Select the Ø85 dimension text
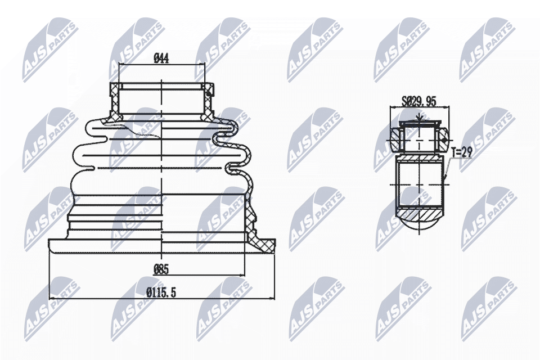pyautogui.click(x=162, y=269)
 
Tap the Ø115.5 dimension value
pyautogui.click(x=162, y=291)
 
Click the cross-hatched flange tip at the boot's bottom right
pyautogui.click(x=263, y=243)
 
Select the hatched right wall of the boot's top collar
pyautogui.click(x=209, y=101)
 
